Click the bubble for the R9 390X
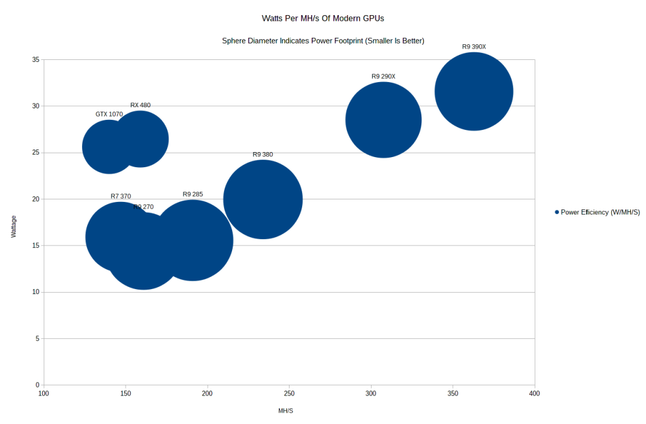tap(474, 91)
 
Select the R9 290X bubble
tap(384, 120)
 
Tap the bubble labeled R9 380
tap(263, 199)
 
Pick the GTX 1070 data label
tap(109, 114)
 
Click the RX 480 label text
tap(141, 105)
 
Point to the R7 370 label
tap(120, 196)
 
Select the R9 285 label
tap(193, 194)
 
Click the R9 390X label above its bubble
tap(474, 47)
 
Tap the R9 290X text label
tap(384, 76)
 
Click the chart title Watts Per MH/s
tap(322, 18)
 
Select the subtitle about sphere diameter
tap(323, 41)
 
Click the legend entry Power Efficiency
tap(600, 213)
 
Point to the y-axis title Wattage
tap(14, 227)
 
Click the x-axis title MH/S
tap(286, 411)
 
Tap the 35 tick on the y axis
tap(36, 60)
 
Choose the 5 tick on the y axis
tap(37, 339)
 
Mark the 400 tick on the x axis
tap(534, 394)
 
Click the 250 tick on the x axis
tap(289, 394)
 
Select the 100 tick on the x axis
tap(44, 394)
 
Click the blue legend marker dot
tap(556, 213)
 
